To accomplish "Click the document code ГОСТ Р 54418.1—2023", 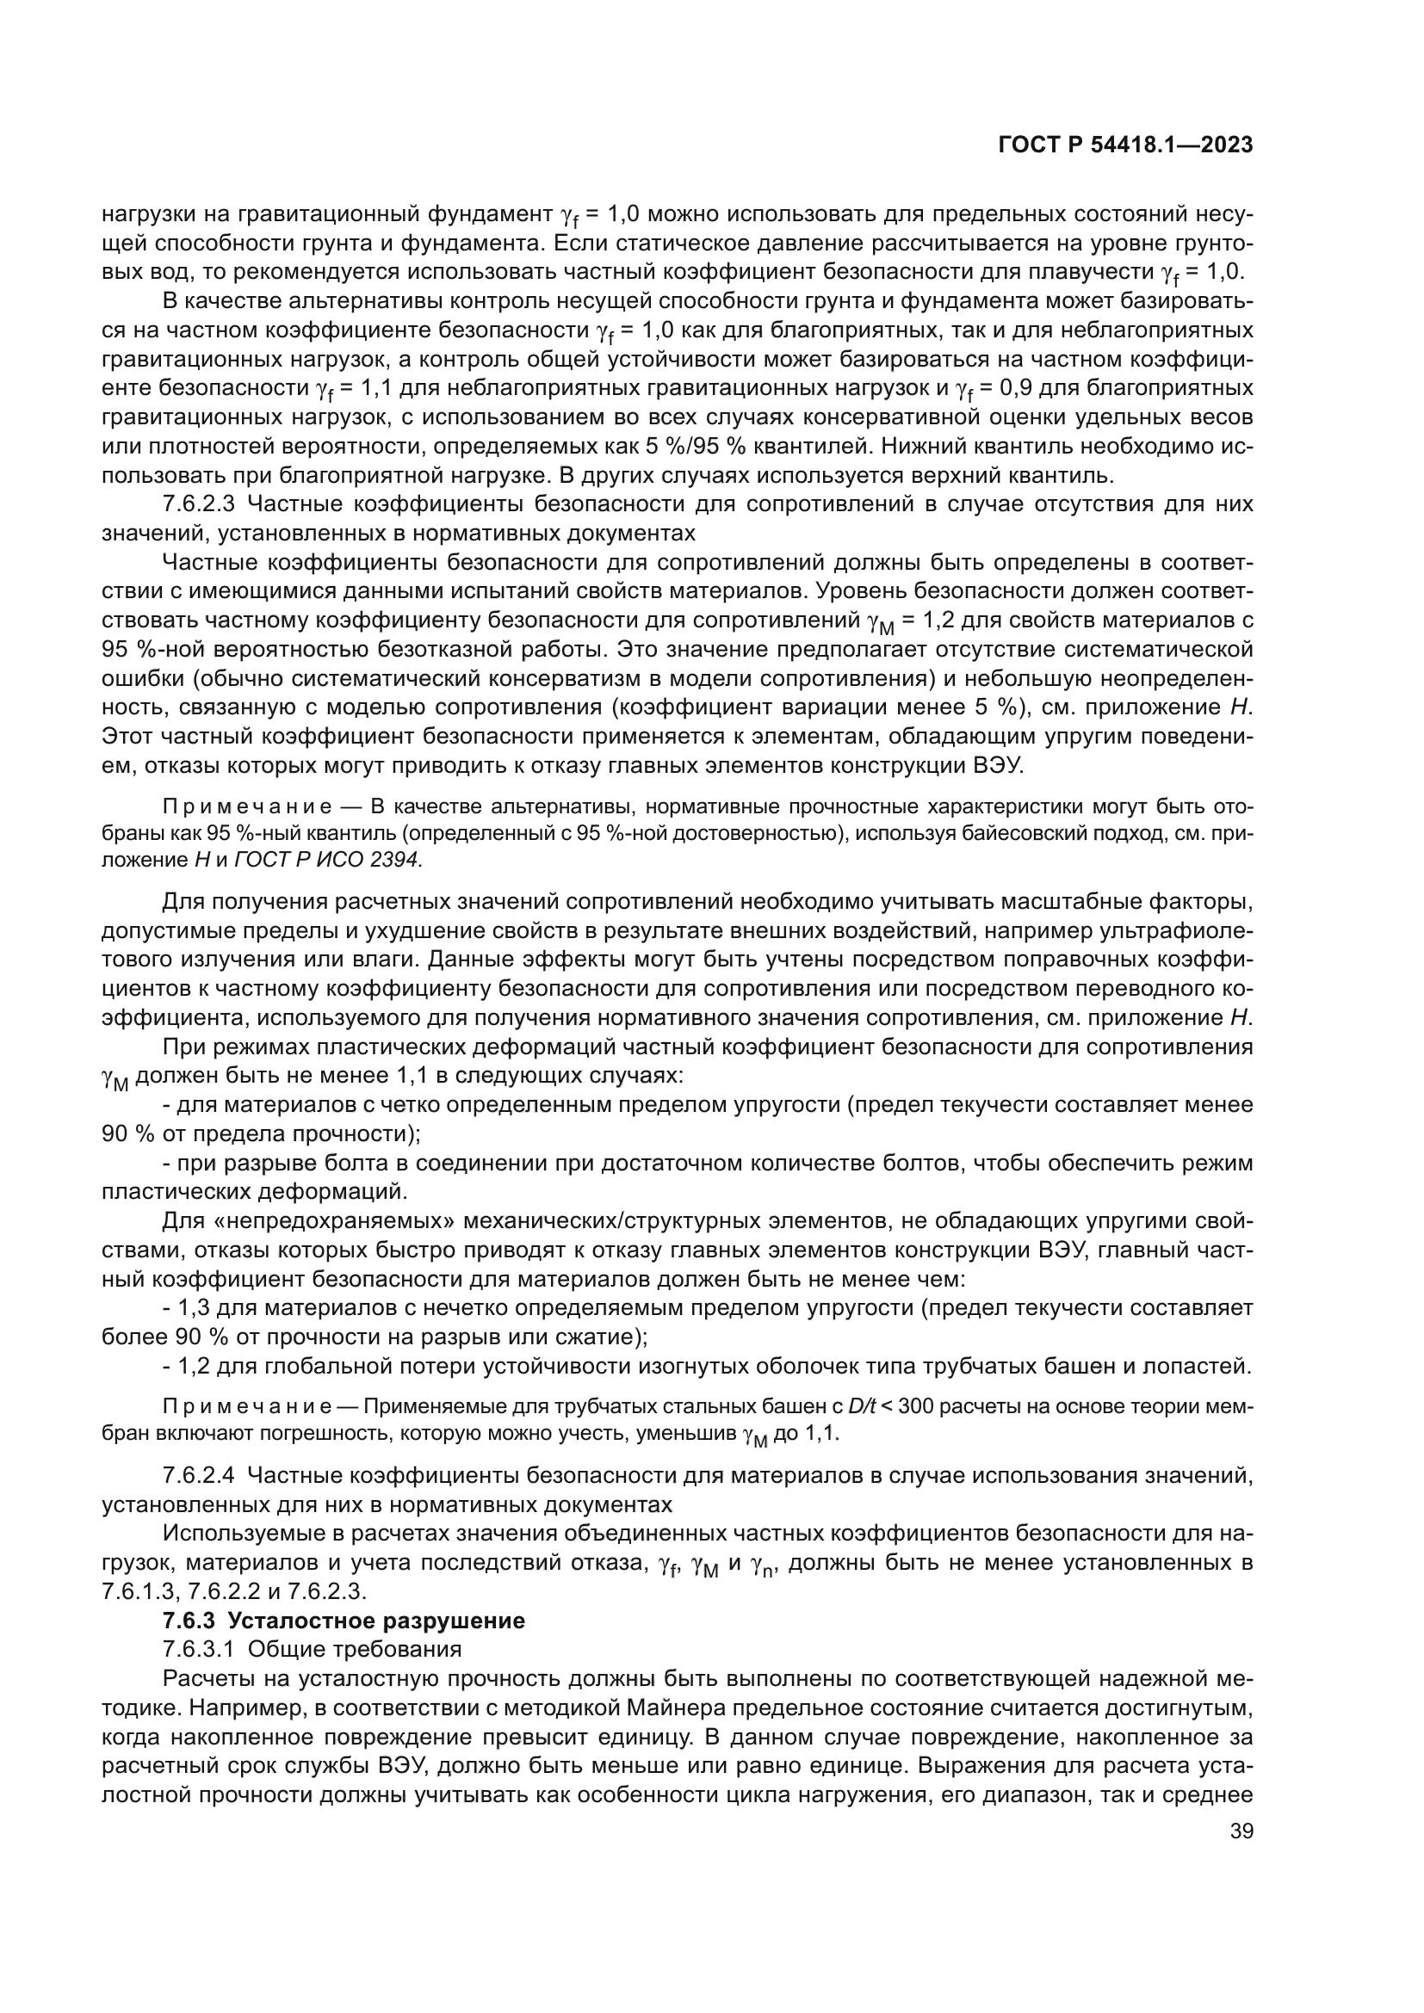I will (x=1125, y=145).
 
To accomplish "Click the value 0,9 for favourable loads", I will (x=1031, y=387).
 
